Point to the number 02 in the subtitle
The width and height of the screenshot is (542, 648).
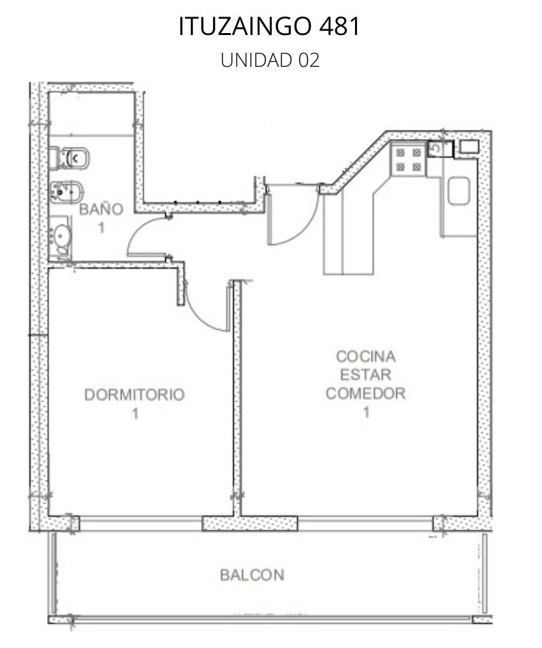[x=309, y=60]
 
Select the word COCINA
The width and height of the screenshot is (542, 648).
[x=366, y=356]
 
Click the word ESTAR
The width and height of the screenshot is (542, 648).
[x=366, y=375]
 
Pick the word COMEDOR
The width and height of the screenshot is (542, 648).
[x=366, y=393]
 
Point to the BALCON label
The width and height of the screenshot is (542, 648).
[x=252, y=575]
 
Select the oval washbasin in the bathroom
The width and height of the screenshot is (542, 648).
[x=62, y=236]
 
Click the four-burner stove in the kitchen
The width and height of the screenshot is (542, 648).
[x=408, y=160]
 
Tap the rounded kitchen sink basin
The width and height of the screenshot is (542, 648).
[x=459, y=191]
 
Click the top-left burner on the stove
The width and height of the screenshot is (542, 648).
[x=400, y=153]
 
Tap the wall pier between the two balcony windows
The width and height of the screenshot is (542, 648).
[x=249, y=524]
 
